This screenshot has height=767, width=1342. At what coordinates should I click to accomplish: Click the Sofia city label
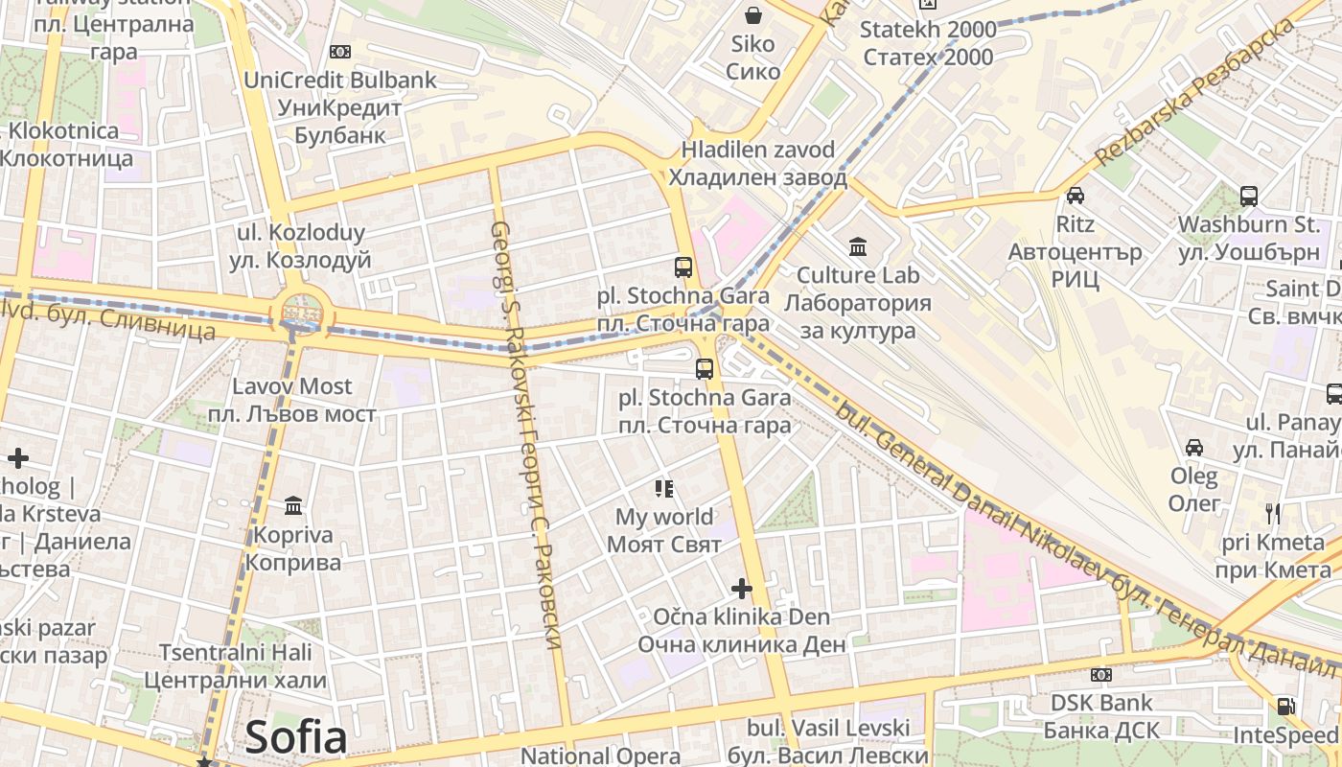pyautogui.click(x=295, y=736)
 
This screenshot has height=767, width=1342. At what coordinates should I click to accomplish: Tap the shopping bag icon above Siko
pyautogui.click(x=753, y=15)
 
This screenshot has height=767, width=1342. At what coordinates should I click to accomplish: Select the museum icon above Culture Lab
pyautogui.click(x=858, y=247)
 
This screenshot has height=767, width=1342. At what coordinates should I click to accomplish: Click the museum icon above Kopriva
pyautogui.click(x=293, y=505)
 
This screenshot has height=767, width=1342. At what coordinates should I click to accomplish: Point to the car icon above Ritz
pyautogui.click(x=1076, y=196)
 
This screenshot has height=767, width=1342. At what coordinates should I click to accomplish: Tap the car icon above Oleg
pyautogui.click(x=1194, y=447)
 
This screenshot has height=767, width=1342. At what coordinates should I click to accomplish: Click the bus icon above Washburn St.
pyautogui.click(x=1249, y=197)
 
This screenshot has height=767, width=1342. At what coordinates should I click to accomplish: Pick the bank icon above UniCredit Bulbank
pyautogui.click(x=339, y=52)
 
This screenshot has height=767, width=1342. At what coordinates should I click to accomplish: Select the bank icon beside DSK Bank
pyautogui.click(x=1101, y=675)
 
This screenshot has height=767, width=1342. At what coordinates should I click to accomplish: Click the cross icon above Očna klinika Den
pyautogui.click(x=741, y=588)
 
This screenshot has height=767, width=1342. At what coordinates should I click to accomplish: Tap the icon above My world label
pyautogui.click(x=664, y=489)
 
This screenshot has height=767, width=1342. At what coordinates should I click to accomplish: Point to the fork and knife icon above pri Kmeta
pyautogui.click(x=1273, y=513)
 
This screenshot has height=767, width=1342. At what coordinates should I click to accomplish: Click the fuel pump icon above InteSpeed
pyautogui.click(x=1285, y=707)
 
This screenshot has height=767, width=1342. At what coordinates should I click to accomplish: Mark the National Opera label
pyautogui.click(x=600, y=755)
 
